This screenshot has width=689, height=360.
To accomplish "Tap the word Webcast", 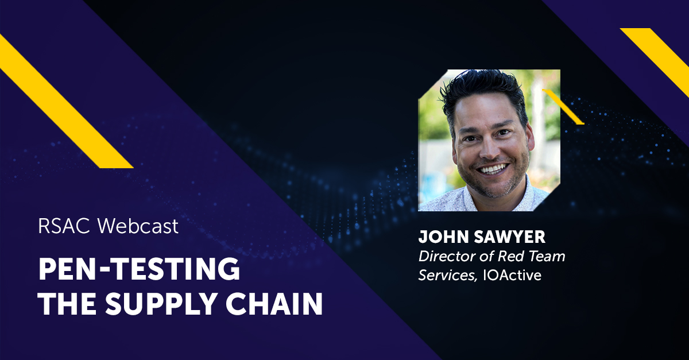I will (x=138, y=226).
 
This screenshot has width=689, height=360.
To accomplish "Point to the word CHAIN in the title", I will (x=281, y=304).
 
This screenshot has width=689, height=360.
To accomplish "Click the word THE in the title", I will (x=67, y=304).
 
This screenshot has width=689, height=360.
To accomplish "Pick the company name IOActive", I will (x=512, y=275).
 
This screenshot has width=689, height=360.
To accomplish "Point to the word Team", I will (x=547, y=257).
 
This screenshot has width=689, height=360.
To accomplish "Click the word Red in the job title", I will (x=510, y=257).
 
